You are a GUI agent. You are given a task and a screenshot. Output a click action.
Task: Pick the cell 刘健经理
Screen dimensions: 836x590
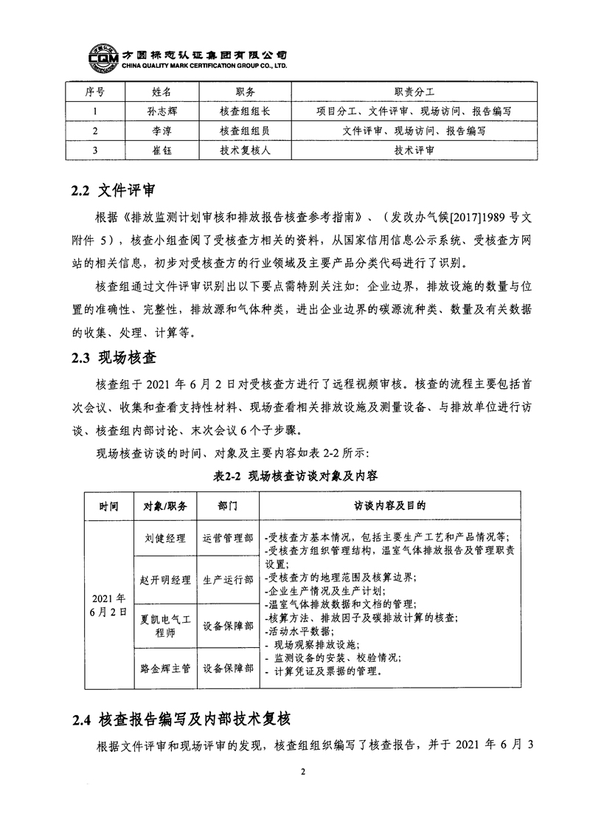166,539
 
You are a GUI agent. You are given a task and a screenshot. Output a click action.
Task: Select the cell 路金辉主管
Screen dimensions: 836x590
166,669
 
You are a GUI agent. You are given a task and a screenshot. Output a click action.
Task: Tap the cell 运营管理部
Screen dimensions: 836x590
228,539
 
